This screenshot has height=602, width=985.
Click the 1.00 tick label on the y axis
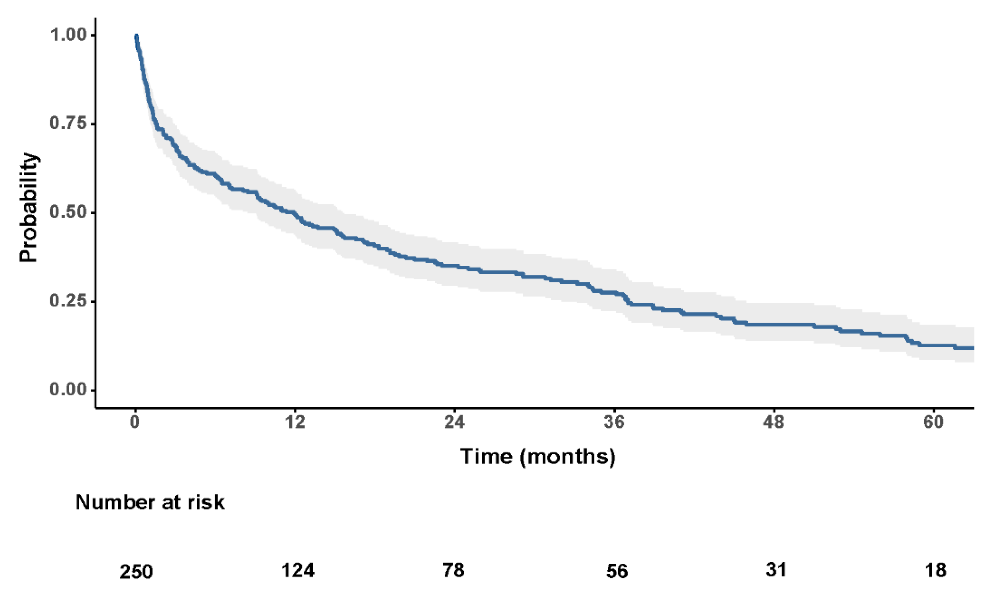(68, 35)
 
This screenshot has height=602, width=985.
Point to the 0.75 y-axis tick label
(68, 124)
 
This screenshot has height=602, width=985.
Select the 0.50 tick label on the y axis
(68, 212)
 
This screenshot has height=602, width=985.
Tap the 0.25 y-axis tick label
(68, 301)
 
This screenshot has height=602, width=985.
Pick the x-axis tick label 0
(135, 423)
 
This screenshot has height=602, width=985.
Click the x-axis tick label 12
(295, 423)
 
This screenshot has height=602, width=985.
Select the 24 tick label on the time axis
(455, 423)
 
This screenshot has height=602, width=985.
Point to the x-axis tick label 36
(614, 423)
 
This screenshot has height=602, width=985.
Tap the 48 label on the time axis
(774, 423)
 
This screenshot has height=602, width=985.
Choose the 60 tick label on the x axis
(933, 423)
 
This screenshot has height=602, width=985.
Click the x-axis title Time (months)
(538, 456)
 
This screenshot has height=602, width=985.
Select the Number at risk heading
(150, 503)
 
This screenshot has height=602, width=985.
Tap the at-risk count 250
(136, 572)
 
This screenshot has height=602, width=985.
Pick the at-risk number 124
(298, 570)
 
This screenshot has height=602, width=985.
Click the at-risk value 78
(454, 570)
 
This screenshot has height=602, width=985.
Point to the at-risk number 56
(617, 572)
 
